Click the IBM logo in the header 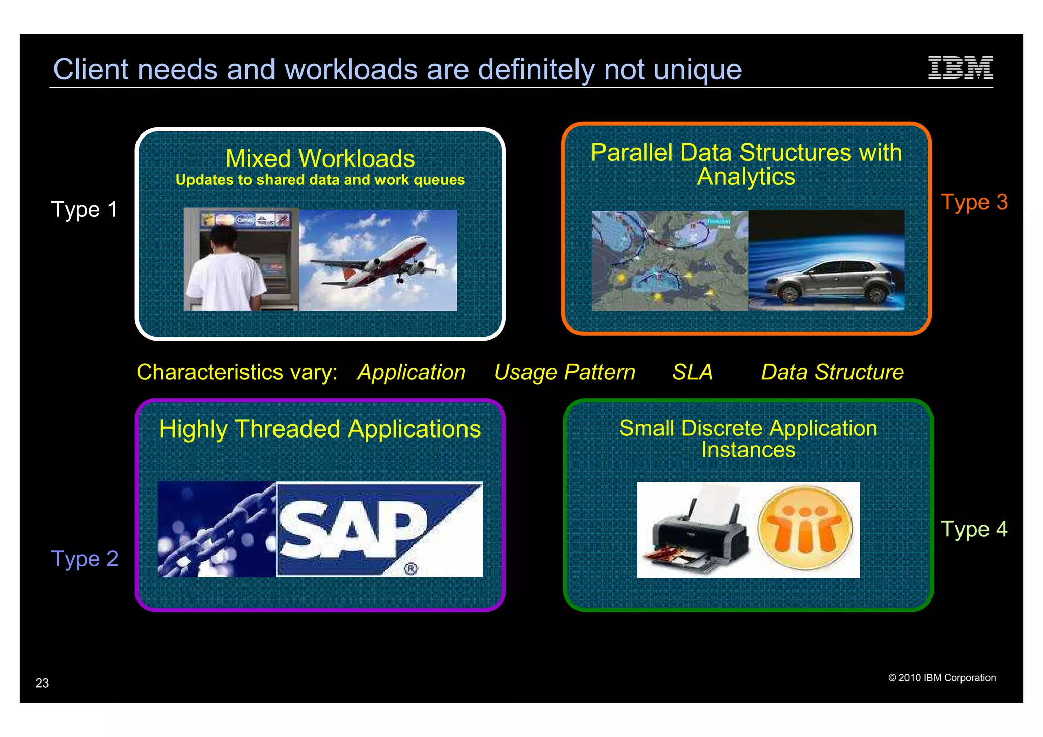click(960, 68)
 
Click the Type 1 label click(84, 209)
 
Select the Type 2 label click(85, 559)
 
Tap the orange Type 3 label click(974, 202)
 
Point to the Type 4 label click(974, 529)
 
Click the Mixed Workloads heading click(320, 158)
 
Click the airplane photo click(378, 260)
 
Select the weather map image click(669, 261)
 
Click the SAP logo click(379, 529)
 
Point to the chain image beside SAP click(216, 529)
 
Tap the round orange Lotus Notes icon click(805, 528)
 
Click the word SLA click(692, 372)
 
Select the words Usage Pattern click(564, 372)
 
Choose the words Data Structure click(832, 372)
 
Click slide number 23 click(42, 683)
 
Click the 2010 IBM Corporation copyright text click(942, 678)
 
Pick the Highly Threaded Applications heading click(320, 429)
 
